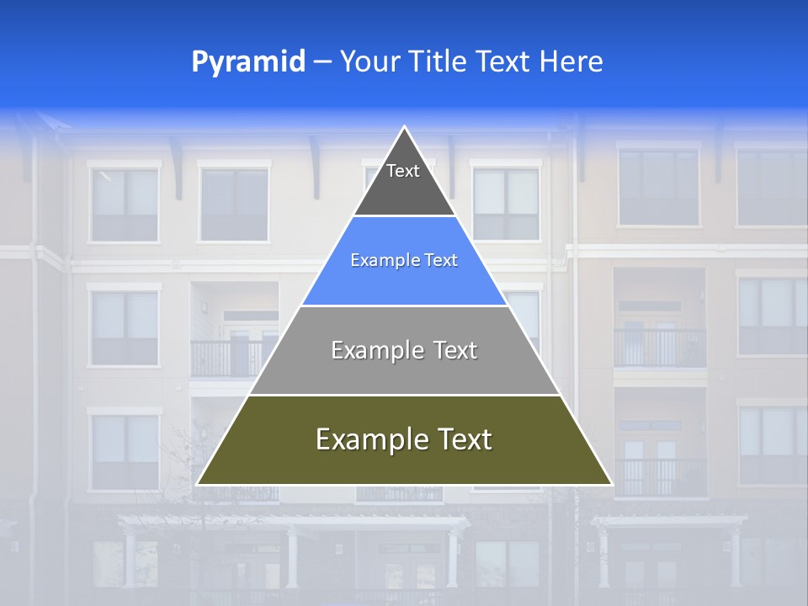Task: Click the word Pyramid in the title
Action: (x=247, y=62)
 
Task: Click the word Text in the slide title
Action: (x=503, y=62)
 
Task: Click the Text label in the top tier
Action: (x=403, y=171)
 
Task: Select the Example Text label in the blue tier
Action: (x=404, y=261)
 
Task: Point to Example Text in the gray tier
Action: (x=404, y=350)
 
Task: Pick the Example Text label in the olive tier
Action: (x=404, y=439)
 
